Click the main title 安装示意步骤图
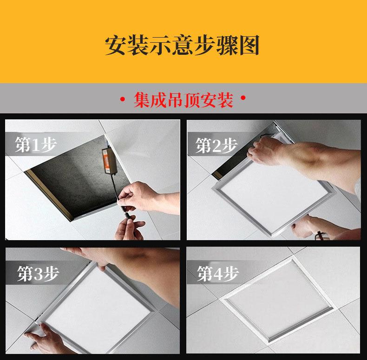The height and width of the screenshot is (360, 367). coord(182,46)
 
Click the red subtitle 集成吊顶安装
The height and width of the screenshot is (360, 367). coord(183,100)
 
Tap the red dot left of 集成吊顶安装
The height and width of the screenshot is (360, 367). coord(123,99)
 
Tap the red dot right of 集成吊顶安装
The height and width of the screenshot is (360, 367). coord(243,98)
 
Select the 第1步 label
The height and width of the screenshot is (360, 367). coord(36,144)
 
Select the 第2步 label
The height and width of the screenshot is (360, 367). coord(216,145)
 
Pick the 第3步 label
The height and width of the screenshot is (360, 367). coord(38,274)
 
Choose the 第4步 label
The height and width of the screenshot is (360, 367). coord(218,274)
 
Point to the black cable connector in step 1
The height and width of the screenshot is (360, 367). coord(128,215)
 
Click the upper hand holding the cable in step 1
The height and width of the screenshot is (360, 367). coord(138,196)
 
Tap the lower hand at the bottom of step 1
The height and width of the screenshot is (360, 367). coord(130,228)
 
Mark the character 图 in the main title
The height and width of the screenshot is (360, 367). coord(249,46)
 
